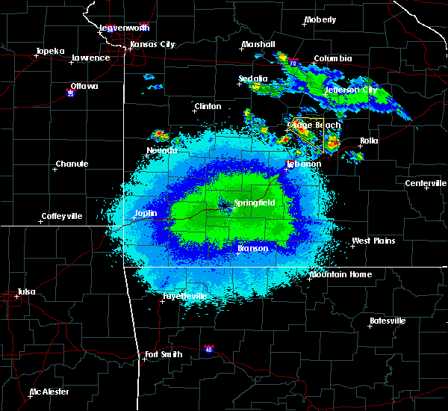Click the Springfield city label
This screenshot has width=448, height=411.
(255, 203)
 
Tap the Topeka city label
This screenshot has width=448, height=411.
(50, 52)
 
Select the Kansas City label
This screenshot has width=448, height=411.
(152, 44)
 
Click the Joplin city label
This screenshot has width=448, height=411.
(146, 213)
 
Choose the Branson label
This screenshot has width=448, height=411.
(253, 248)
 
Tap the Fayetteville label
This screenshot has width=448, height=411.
(184, 297)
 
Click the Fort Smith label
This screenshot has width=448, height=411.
(164, 354)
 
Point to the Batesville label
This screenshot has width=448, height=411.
(388, 321)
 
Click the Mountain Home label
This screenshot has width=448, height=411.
(340, 275)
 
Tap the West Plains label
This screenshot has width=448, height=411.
(373, 241)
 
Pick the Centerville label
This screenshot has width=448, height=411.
(426, 184)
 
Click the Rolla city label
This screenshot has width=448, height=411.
(369, 140)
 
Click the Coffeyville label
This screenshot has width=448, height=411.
(61, 217)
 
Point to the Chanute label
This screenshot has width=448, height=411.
(72, 164)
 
